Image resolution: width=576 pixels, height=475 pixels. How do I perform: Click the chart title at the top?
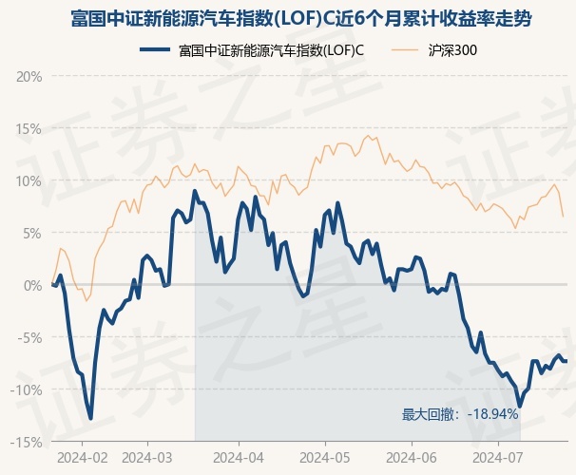(x=301, y=19)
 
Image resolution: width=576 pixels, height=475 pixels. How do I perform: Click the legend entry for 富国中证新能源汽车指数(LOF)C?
(x=252, y=50)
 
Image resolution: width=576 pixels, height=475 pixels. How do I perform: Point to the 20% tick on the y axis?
(x=29, y=77)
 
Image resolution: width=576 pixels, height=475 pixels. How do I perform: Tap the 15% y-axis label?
(x=29, y=129)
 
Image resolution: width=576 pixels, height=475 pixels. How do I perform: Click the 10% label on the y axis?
(x=29, y=181)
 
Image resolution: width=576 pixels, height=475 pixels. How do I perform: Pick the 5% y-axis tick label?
(x=32, y=234)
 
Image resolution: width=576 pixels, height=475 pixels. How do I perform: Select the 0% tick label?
(x=32, y=286)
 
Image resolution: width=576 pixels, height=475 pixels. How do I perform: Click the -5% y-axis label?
(x=29, y=337)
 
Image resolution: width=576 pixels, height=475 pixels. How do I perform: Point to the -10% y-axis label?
(x=26, y=389)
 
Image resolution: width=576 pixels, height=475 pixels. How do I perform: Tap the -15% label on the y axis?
(x=26, y=443)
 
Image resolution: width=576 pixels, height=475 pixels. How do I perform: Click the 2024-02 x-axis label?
(x=83, y=458)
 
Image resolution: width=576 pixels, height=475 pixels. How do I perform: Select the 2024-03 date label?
(x=147, y=458)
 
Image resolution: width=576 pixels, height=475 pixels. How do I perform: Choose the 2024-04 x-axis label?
(x=239, y=458)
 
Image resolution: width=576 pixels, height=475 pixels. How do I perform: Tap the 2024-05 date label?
(x=325, y=458)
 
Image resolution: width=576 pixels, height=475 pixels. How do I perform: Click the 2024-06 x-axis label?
(x=412, y=458)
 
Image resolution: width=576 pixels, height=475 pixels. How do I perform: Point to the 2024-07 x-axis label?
(x=498, y=458)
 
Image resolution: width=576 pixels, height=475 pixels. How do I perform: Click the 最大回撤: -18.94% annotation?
(x=460, y=414)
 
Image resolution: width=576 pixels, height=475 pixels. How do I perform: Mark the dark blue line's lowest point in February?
(x=90, y=418)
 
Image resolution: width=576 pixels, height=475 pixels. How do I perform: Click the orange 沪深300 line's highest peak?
(x=368, y=136)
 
